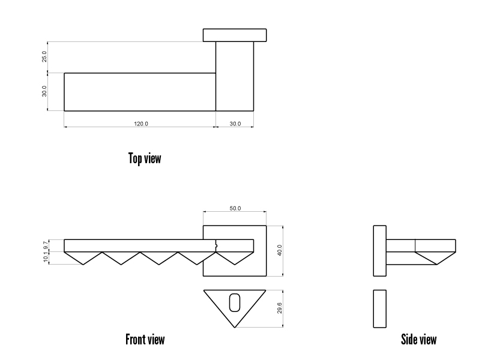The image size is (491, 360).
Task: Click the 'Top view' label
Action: tap(145, 158)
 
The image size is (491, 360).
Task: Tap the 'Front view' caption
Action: tap(145, 340)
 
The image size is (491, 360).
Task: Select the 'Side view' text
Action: tap(418, 340)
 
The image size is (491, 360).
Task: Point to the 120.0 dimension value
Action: tap(140, 124)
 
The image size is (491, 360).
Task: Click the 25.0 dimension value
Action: tap(44, 57)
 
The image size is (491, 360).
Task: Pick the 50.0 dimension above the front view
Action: tap(235, 208)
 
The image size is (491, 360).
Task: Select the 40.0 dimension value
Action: tap(279, 250)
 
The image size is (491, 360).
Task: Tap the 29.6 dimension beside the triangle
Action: tap(279, 308)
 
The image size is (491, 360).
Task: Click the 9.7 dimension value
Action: tap(45, 245)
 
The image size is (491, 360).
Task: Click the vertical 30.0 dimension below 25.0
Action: tap(44, 92)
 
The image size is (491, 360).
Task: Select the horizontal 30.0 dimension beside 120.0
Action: tap(235, 124)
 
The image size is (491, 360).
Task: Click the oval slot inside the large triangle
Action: tap(235, 302)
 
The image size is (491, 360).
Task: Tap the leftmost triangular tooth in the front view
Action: tap(83, 257)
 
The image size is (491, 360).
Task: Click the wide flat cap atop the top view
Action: tap(235, 35)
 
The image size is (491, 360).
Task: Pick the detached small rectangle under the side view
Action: tap(379, 308)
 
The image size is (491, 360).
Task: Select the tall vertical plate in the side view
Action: tap(379, 250)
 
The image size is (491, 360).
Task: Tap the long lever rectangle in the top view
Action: tap(140, 92)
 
